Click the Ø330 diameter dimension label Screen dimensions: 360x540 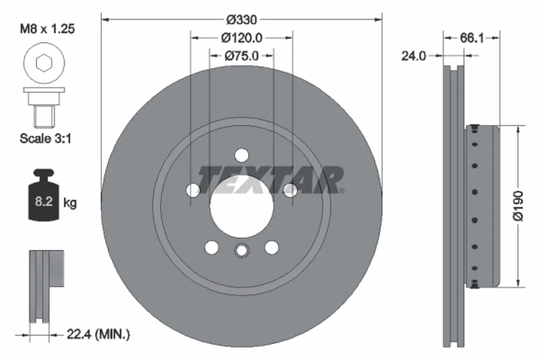[x=241, y=20]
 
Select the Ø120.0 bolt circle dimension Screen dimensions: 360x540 [x=241, y=38]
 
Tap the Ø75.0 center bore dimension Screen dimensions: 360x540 [x=241, y=56]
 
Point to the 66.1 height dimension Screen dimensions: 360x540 [x=472, y=38]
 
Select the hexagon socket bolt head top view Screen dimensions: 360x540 [x=43, y=62]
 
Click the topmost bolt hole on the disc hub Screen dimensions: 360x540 [x=241, y=155]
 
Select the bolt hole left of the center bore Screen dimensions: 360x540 [x=193, y=190]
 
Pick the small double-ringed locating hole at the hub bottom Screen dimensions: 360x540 [x=241, y=250]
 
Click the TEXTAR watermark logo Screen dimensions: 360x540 [x=270, y=180]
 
